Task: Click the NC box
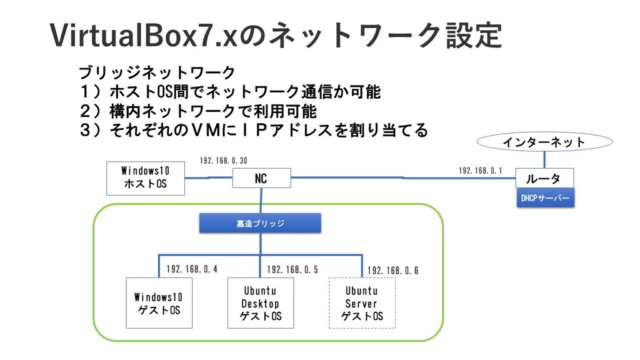[x=262, y=178]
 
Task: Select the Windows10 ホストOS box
[x=145, y=178]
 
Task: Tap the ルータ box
[x=544, y=178]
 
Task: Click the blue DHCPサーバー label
[x=545, y=198]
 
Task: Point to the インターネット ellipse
[x=544, y=142]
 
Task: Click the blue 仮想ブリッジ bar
[x=260, y=223]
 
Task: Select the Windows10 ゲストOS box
[x=159, y=303]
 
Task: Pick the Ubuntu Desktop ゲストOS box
[x=261, y=303]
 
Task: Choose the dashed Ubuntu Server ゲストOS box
[x=362, y=303]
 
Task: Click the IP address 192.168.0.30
[x=224, y=161]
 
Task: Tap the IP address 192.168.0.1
[x=481, y=170]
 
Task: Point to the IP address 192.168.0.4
[x=192, y=269]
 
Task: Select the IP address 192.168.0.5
[x=292, y=269]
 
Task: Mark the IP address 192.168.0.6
[x=392, y=270]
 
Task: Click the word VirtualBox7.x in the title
[x=144, y=36]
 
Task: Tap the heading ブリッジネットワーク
[x=157, y=72]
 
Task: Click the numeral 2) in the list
[x=90, y=111]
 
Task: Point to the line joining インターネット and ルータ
[x=544, y=160]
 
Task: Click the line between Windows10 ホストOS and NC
[x=209, y=177]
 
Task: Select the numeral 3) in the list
[x=90, y=130]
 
